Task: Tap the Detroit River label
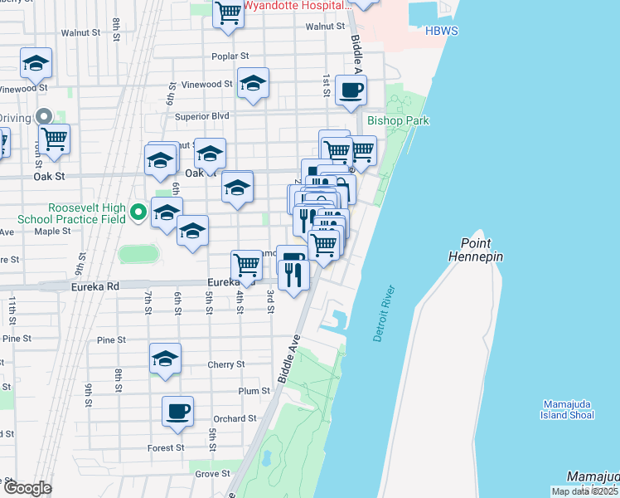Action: (381, 314)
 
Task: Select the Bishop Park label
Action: (398, 121)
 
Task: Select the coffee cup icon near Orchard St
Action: (177, 410)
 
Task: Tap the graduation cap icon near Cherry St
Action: (165, 359)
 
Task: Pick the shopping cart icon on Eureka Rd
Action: (247, 265)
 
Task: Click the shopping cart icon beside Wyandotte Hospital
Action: (227, 12)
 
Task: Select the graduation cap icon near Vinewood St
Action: (254, 83)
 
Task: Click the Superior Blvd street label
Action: (201, 116)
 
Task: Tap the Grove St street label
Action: (213, 474)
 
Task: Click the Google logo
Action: (27, 488)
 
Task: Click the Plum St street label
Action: (254, 391)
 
